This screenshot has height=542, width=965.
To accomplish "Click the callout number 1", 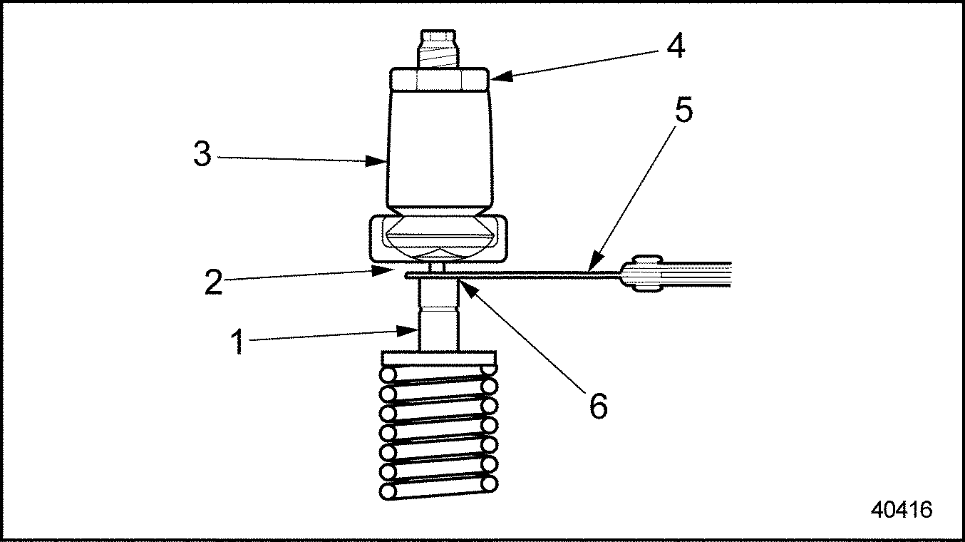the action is click(x=237, y=342).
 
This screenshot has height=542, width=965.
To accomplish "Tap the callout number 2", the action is click(x=214, y=282).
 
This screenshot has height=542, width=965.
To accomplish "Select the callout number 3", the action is click(x=202, y=154).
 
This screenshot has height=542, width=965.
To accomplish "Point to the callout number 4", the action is click(x=676, y=46).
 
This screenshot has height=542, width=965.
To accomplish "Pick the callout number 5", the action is click(x=683, y=110).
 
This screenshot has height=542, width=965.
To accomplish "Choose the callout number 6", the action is click(x=599, y=406).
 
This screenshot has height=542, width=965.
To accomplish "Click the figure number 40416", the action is click(x=902, y=510).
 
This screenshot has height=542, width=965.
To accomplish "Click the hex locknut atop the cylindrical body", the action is click(x=440, y=79).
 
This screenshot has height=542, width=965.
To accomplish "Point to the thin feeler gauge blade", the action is click(x=512, y=275).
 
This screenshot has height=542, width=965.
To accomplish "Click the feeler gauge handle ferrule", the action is click(x=641, y=273).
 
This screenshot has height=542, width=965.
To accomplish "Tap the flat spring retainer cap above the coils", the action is click(x=438, y=358).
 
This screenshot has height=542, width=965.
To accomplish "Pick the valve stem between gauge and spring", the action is click(x=438, y=315).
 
